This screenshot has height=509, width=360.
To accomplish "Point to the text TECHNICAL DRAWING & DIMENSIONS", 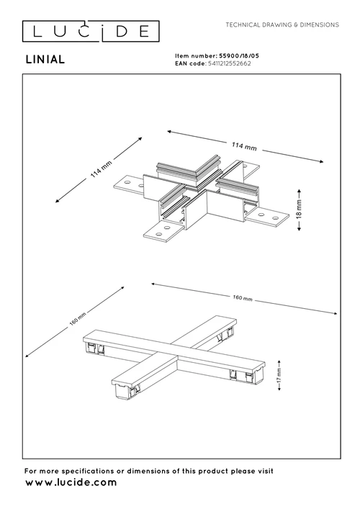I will pyautogui.click(x=282, y=24).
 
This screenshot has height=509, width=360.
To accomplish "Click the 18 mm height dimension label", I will pyautogui.click(x=300, y=210).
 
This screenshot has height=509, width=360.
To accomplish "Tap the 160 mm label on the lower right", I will pyautogui.click(x=243, y=297).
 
